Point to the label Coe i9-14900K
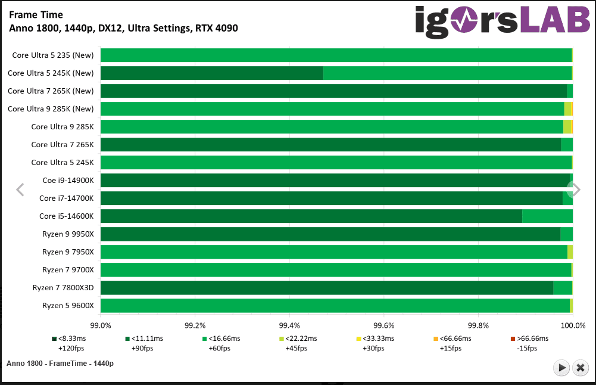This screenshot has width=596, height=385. (68, 181)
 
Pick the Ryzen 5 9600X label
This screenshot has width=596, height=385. (68, 306)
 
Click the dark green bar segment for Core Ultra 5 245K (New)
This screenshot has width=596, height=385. (211, 73)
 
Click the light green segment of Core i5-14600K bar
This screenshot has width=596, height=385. (547, 216)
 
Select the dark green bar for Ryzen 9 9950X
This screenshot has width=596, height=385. (330, 234)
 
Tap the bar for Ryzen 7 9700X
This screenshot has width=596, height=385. (336, 270)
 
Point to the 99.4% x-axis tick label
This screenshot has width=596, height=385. (289, 325)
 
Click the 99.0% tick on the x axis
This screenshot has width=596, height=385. (101, 325)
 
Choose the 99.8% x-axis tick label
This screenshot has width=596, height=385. (478, 325)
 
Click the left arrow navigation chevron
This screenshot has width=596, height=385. (20, 190)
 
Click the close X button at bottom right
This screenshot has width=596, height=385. (581, 368)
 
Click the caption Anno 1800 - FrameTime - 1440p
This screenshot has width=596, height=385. (60, 363)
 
